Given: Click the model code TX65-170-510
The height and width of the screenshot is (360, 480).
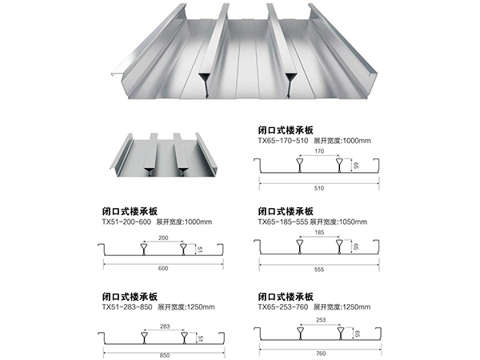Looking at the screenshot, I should point(281,140).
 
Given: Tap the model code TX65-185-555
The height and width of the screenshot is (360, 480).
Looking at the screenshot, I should point(281,222).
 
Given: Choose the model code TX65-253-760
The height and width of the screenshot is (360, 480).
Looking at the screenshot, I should point(281,306).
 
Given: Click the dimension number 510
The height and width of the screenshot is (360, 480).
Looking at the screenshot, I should point(320,190).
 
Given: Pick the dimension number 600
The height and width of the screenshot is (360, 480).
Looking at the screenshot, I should point(163,268).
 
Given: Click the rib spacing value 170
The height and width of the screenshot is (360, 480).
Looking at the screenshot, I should point(320,150).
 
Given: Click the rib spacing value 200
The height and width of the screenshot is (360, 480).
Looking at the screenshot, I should point(164,239).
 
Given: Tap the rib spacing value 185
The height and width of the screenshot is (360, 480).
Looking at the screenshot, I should point(320,233).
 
